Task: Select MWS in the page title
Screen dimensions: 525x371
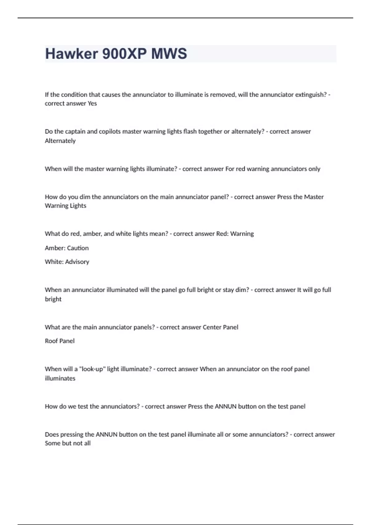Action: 169,54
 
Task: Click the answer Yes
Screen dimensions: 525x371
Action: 92,103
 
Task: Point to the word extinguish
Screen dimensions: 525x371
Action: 311,95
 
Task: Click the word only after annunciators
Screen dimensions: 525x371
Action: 314,169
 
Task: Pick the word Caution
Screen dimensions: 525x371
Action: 78,248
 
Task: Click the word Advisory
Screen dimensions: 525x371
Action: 77,262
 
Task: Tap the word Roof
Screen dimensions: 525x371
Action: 51,341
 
